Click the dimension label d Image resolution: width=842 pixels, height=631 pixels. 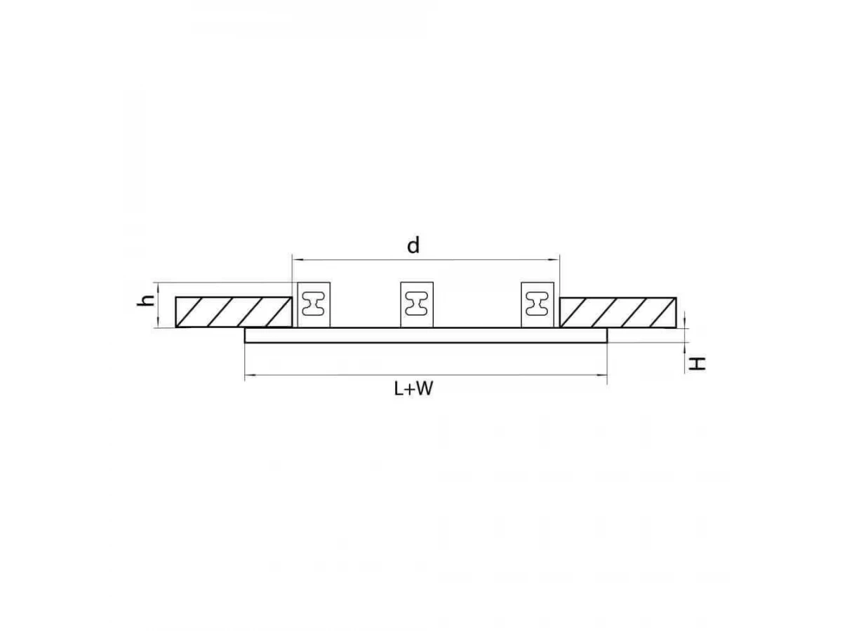coord(413,245)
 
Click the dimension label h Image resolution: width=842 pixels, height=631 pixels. coord(146,301)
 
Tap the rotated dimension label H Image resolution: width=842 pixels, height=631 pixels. coord(697,364)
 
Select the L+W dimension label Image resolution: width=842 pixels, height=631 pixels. coord(413,389)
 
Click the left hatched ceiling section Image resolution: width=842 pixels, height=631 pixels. coord(234,312)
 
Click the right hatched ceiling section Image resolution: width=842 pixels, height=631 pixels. coord(617,313)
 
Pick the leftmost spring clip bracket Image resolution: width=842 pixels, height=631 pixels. coord(314,305)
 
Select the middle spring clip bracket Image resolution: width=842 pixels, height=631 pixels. coord(417,305)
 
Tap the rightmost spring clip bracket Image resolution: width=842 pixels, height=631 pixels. coord(537,305)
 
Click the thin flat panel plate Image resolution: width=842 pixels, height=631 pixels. coord(426,335)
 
